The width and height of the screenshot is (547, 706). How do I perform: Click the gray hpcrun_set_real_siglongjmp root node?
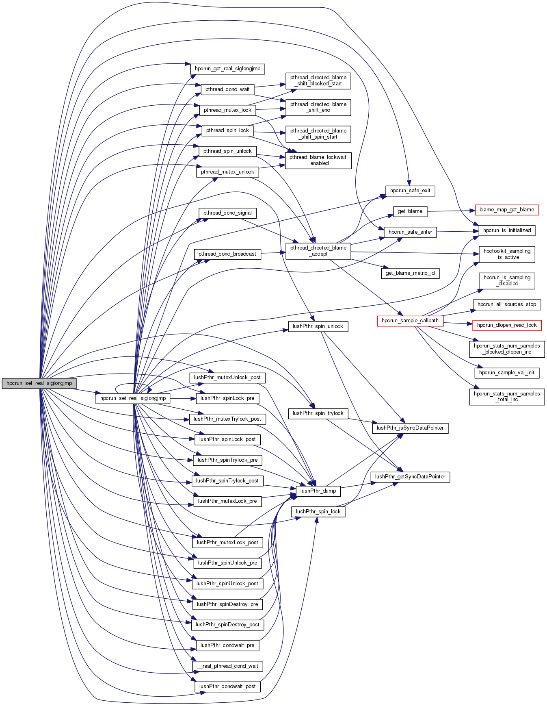coord(39,383)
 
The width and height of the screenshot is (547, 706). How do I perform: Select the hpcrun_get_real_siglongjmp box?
coord(227,69)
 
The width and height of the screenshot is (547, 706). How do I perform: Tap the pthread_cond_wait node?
coord(227,89)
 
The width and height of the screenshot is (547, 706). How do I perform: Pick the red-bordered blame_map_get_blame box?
coord(506,210)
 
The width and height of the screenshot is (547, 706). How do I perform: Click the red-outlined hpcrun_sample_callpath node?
coord(410,321)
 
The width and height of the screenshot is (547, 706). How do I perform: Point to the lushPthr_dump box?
coord(318,491)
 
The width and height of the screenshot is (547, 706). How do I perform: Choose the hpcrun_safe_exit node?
coord(410,191)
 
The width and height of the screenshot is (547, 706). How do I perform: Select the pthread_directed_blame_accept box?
coord(318,251)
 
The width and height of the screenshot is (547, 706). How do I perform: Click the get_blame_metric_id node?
coord(410,273)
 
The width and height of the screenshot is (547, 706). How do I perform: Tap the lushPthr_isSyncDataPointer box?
coord(410,428)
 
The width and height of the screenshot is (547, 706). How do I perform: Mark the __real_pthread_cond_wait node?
coord(227,666)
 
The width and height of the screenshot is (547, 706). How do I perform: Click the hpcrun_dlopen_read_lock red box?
coord(506,325)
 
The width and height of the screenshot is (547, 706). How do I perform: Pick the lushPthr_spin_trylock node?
coord(318,413)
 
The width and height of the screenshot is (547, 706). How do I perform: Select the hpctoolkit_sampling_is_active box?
coord(506,254)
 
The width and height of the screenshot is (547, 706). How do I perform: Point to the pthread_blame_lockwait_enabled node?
coord(318,160)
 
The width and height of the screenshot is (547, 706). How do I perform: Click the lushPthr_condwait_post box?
coord(227,686)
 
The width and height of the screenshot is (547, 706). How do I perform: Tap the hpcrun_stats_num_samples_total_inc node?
coord(506,397)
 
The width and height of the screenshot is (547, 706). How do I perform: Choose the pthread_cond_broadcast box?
coord(227,254)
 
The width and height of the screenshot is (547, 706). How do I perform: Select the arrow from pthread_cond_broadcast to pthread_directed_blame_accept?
coord(273,253)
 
